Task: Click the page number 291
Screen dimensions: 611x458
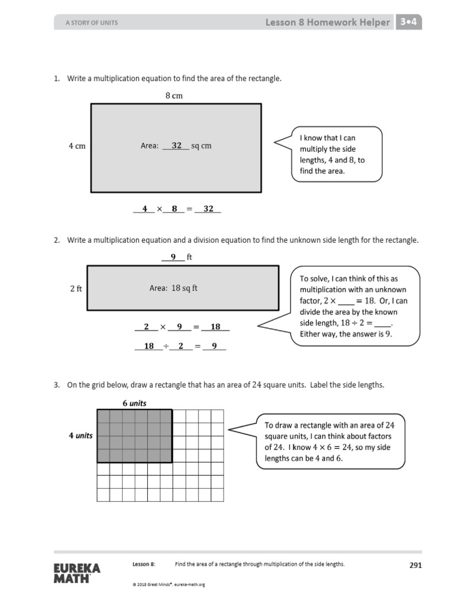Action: point(415,565)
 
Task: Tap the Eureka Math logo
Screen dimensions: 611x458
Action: point(77,572)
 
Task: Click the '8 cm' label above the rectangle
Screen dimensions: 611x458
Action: point(174,95)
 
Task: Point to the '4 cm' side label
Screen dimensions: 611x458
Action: point(76,146)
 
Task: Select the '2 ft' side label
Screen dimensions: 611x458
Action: point(76,288)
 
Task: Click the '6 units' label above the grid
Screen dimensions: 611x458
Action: point(134,403)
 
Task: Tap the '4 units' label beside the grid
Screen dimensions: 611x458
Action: point(81,436)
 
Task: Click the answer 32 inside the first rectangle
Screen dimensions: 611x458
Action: point(177,146)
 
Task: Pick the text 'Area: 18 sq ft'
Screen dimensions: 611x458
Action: point(174,288)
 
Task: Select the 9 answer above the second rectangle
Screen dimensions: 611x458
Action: point(173,257)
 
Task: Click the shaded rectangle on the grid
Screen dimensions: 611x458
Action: point(135,436)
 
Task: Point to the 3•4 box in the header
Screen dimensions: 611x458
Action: point(409,23)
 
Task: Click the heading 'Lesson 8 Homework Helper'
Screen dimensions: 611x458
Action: point(327,23)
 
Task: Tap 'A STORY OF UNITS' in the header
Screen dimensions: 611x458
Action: point(91,23)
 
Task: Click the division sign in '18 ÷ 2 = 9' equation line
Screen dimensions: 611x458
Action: point(166,345)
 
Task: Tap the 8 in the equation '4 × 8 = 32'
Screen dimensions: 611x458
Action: point(174,209)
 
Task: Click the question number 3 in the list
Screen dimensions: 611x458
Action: point(57,385)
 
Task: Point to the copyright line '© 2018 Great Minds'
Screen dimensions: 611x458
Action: point(169,585)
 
